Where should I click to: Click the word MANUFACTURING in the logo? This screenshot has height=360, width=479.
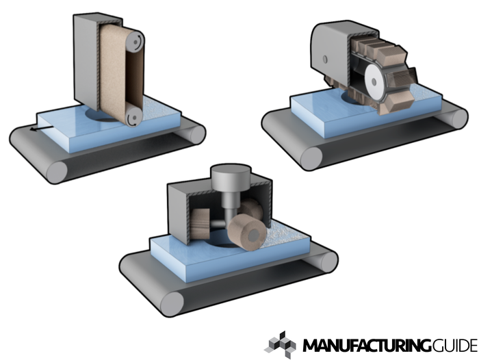367,346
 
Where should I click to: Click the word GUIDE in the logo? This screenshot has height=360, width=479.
455,346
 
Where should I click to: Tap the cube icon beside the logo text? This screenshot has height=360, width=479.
280,345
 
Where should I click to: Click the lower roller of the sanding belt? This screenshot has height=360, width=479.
133,116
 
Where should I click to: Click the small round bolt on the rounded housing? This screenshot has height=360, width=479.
325,59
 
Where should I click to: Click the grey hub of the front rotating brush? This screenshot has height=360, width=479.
254,236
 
